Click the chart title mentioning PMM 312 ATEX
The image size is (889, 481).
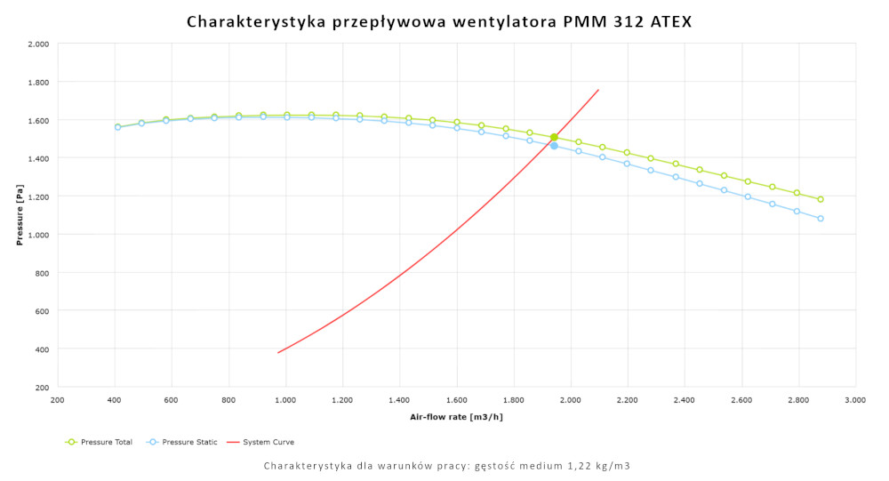[438, 21]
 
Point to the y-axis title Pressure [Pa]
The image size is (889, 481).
[19, 215]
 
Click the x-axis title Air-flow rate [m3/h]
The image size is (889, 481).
[456, 416]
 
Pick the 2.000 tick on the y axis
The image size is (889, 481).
[38, 44]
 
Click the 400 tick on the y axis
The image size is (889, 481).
[42, 349]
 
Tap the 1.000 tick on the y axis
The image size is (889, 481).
[38, 235]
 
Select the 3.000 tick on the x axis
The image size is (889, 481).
[855, 401]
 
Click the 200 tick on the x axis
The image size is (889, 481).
[58, 401]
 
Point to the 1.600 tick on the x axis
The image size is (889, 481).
[456, 401]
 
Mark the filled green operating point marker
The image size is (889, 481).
[554, 137]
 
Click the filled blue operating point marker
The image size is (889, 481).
[554, 146]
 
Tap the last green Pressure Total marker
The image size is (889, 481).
[821, 199]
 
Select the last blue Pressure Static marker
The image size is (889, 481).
[821, 218]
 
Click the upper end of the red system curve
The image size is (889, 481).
[598, 90]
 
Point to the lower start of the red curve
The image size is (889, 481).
[278, 353]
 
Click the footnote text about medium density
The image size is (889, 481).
[447, 466]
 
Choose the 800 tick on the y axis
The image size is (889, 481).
[42, 273]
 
